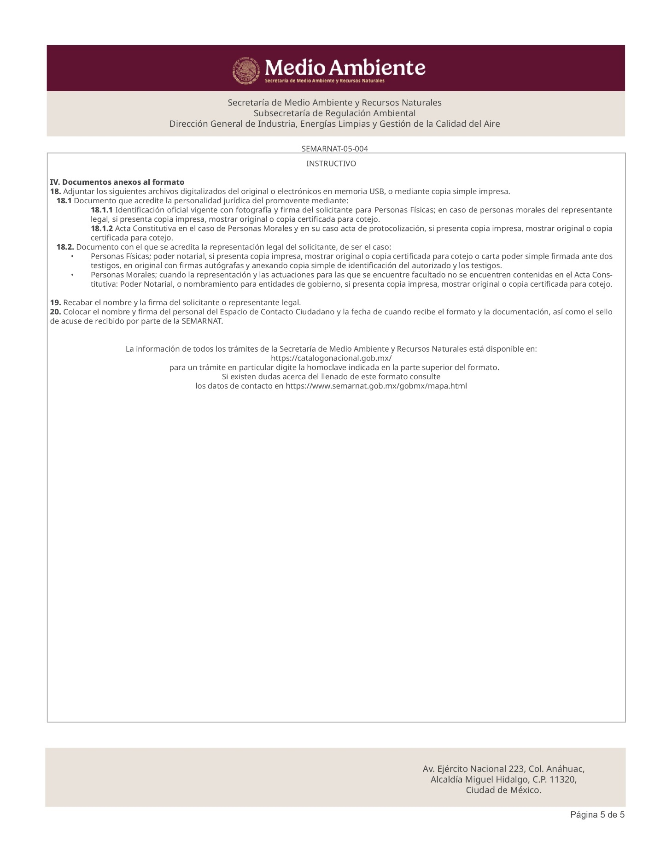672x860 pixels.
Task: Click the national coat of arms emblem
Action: tap(246, 71)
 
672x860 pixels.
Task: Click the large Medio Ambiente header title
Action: tap(345, 68)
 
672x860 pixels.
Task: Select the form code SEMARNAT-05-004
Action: tap(335, 149)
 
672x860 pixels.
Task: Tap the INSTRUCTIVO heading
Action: tap(331, 164)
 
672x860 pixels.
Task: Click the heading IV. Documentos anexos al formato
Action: tap(117, 182)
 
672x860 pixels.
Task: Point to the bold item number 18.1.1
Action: tap(101, 210)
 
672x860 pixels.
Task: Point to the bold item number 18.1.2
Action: tap(101, 229)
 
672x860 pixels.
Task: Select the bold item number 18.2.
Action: tap(65, 247)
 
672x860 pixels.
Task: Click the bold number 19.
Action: tap(55, 303)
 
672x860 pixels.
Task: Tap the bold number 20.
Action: tap(55, 312)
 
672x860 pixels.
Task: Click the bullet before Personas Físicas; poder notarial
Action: tap(72, 257)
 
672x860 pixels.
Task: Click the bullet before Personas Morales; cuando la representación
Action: tap(72, 275)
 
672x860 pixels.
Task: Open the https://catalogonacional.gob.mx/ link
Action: tap(331, 358)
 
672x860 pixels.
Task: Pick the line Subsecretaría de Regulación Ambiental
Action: tap(334, 113)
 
